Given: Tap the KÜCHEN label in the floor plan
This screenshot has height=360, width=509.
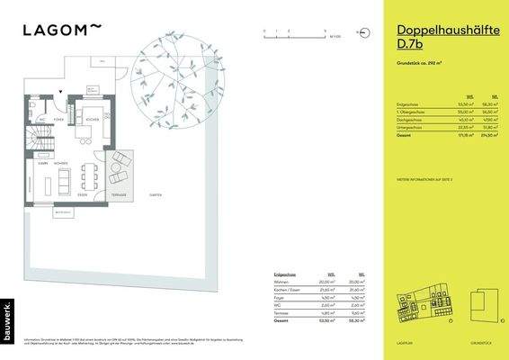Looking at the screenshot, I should (91, 119).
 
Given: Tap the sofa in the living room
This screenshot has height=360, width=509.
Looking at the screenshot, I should (65, 180).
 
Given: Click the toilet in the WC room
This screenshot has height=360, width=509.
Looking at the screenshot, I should (41, 118).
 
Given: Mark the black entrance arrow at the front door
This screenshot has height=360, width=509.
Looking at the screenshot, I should (60, 93).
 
